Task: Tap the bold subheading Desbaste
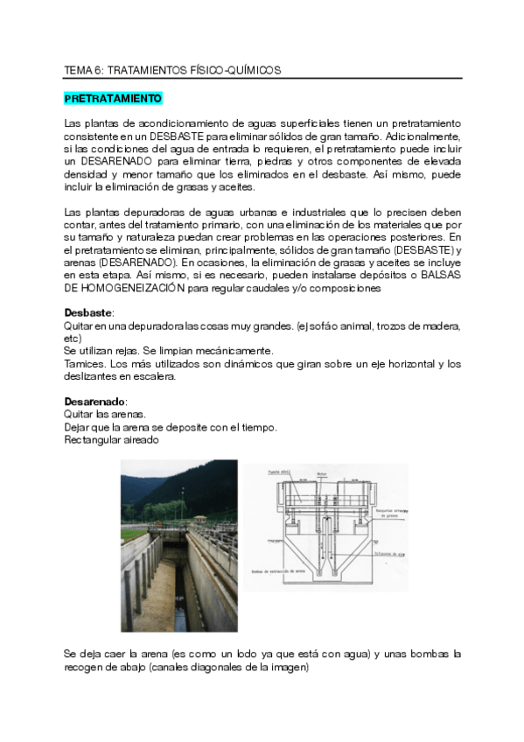click(89, 312)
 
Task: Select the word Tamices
click(84, 363)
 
